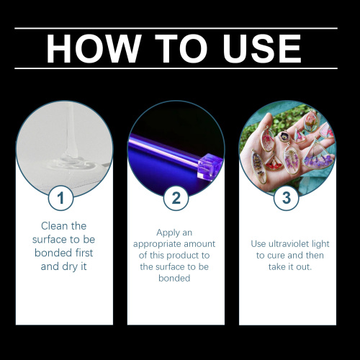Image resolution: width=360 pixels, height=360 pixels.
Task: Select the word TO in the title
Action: [173, 48]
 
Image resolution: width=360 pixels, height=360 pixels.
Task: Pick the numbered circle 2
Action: [176, 197]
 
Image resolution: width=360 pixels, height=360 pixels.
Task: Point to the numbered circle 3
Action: [287, 197]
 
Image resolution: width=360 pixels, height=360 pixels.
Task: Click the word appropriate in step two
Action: [170, 244]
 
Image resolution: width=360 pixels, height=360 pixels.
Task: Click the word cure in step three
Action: [275, 256]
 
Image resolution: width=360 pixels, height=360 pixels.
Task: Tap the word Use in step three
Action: [261, 244]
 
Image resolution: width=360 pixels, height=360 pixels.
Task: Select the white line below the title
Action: [176, 69]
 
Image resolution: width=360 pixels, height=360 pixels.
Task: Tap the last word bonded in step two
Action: [176, 279]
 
